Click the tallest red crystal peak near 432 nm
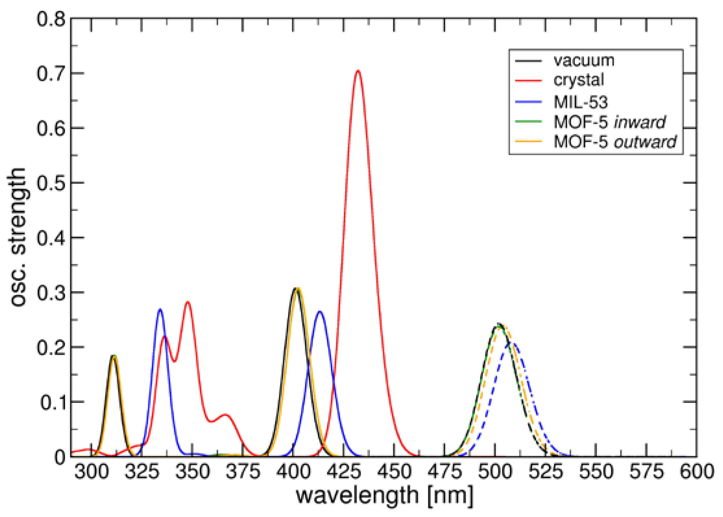pyautogui.click(x=358, y=71)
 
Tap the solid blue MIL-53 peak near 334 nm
pyautogui.click(x=160, y=310)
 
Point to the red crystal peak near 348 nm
pyautogui.click(x=188, y=303)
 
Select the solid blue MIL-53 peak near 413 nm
pyautogui.click(x=320, y=312)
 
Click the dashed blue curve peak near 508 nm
pyautogui.click(x=513, y=343)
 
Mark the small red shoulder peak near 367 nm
pyautogui.click(x=225, y=415)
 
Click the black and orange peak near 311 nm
pyautogui.click(x=114, y=356)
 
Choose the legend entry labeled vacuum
pyautogui.click(x=584, y=61)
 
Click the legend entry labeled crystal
pyautogui.click(x=578, y=80)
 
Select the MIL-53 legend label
pyautogui.click(x=580, y=102)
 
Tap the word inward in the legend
pyautogui.click(x=640, y=122)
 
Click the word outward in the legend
pyautogui.click(x=645, y=142)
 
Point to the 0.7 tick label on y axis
pyautogui.click(x=51, y=73)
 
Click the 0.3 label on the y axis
pyautogui.click(x=51, y=292)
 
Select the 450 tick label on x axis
pyautogui.click(x=394, y=471)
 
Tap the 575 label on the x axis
pyautogui.click(x=646, y=471)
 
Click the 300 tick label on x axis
pyautogui.click(x=91, y=471)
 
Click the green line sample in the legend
pyautogui.click(x=528, y=122)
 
